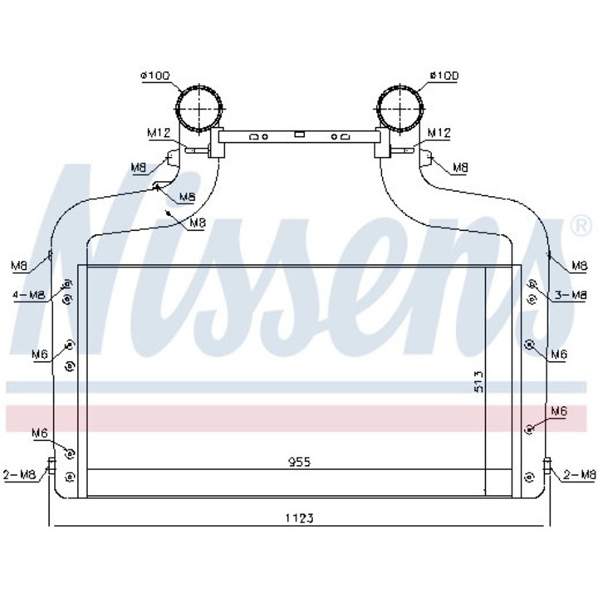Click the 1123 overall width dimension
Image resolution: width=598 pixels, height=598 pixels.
click(301, 518)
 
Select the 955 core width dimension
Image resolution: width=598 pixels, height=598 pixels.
click(300, 462)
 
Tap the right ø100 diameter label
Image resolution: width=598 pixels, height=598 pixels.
click(445, 76)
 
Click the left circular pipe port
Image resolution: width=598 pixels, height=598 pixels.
click(200, 110)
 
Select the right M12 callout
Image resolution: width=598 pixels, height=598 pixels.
click(439, 132)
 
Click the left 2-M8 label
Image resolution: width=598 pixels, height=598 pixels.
click(20, 475)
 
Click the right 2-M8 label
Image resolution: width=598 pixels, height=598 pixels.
click(579, 475)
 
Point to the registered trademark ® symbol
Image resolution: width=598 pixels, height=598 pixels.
click(578, 224)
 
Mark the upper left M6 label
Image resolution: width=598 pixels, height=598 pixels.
click(39, 354)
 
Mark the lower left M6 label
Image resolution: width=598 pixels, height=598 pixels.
click(39, 433)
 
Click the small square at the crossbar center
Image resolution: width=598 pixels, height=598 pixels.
click(300, 133)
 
